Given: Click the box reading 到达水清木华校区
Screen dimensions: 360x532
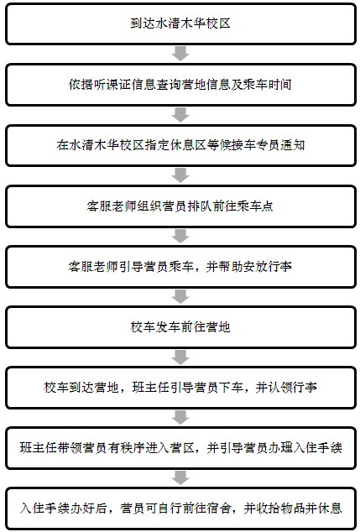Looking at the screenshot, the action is click(x=180, y=23).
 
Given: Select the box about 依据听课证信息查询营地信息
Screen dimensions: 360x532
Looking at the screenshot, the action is click(x=180, y=84).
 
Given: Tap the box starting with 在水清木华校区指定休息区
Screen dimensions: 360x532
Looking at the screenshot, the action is click(x=180, y=145).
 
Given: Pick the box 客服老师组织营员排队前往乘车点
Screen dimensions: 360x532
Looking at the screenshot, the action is click(x=180, y=206).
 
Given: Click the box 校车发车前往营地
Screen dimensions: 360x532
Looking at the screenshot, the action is click(x=180, y=326).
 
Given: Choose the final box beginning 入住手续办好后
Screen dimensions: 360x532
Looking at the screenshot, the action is click(x=180, y=509).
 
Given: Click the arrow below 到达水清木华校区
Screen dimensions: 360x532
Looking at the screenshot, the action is click(x=180, y=54).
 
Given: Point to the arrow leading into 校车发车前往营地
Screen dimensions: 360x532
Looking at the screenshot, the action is click(x=180, y=296).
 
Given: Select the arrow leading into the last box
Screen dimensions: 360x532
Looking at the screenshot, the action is click(x=180, y=477).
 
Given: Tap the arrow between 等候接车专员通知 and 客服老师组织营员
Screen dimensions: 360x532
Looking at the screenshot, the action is click(x=180, y=175).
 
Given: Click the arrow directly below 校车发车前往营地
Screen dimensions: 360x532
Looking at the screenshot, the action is click(x=180, y=357).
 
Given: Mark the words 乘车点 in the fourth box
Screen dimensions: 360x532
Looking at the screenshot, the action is click(x=254, y=206).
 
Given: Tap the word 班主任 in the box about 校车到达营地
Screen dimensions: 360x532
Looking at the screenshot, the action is click(x=150, y=387).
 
